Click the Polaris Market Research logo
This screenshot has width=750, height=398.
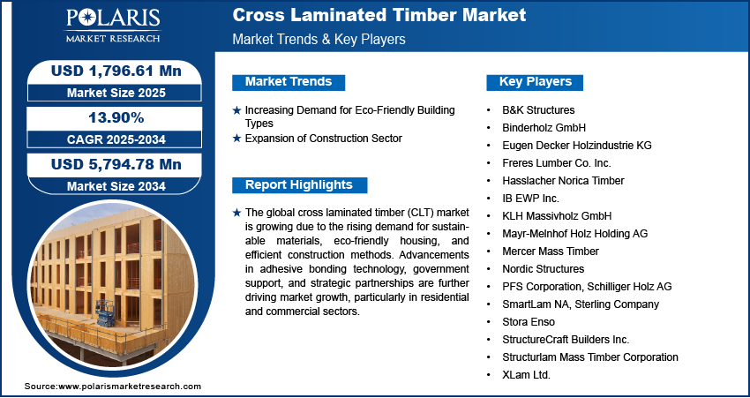tap(113, 26)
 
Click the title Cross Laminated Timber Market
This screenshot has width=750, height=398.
tap(379, 15)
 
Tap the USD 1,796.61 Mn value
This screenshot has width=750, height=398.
tap(116, 71)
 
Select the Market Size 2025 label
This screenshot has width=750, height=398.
tap(116, 93)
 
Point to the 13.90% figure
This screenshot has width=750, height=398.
tap(116, 117)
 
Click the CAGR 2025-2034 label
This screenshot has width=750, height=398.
tap(116, 139)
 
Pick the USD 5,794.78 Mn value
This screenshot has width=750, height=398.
tap(116, 164)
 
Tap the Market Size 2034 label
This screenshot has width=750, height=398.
tap(116, 185)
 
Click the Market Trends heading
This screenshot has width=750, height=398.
tap(289, 82)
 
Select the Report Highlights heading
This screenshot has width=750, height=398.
tap(299, 185)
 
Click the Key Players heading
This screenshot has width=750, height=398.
tap(536, 82)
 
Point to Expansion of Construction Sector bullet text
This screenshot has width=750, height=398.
tap(323, 139)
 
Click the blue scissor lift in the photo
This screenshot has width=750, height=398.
tap(105, 312)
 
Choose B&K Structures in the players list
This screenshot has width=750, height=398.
tap(538, 110)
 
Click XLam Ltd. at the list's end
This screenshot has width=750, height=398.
tap(526, 375)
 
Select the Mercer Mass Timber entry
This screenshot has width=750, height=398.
tap(551, 252)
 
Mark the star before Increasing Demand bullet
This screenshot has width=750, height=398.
tap(236, 110)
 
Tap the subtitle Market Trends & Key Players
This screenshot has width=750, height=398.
tap(319, 39)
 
